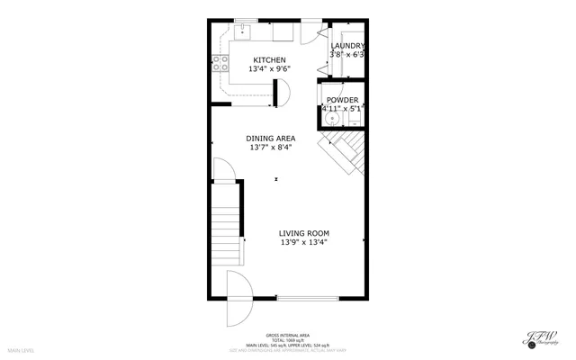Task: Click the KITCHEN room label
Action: coord(269,60)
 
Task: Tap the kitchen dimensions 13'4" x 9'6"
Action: coord(269,69)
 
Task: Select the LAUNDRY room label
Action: coord(347,46)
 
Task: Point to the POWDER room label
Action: coord(342,100)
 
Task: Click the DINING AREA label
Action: coord(271,139)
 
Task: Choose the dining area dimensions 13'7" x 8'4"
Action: coord(271,148)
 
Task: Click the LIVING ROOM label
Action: coord(303,233)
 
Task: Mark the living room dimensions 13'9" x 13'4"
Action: coord(303,242)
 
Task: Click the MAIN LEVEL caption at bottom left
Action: coord(21,350)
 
